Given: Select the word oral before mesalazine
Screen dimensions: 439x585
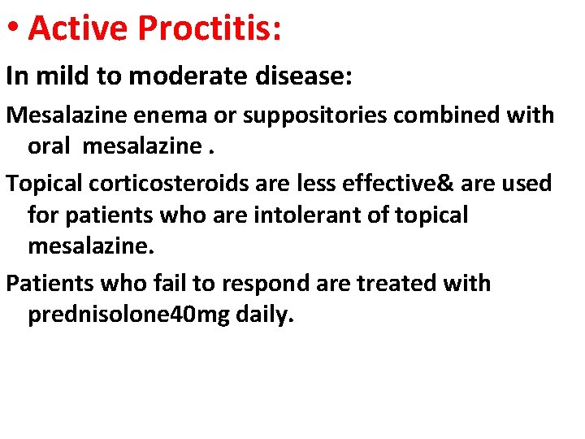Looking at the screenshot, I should point(50,146).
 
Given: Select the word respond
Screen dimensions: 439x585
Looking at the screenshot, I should point(258,285).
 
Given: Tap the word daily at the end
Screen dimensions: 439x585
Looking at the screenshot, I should point(264,315).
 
